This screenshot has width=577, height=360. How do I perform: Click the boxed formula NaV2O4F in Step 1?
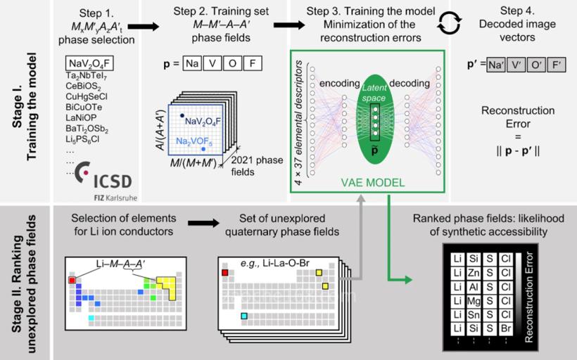pyautogui.click(x=89, y=65)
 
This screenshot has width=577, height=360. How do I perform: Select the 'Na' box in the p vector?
pyautogui.click(x=191, y=64)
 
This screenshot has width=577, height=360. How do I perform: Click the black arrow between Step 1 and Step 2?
pyautogui.click(x=146, y=26)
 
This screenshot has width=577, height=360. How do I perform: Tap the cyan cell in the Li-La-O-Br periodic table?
pyautogui.click(x=243, y=316)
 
